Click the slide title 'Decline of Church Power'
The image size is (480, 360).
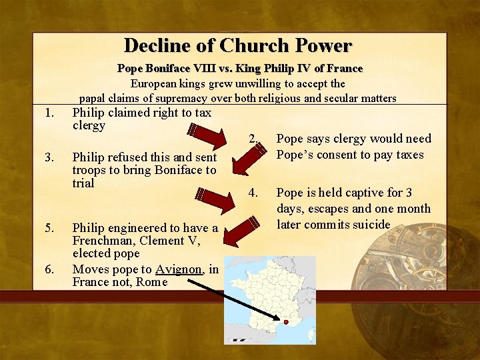pyautogui.click(x=238, y=45)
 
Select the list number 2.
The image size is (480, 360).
pyautogui.click(x=252, y=139)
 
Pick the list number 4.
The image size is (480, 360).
pyautogui.click(x=253, y=193)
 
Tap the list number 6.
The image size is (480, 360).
pyautogui.click(x=48, y=269)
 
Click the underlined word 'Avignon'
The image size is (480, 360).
pyautogui.click(x=178, y=269)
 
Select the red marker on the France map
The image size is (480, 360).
pyautogui.click(x=286, y=321)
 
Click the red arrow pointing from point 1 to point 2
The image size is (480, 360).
pyautogui.click(x=208, y=133)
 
